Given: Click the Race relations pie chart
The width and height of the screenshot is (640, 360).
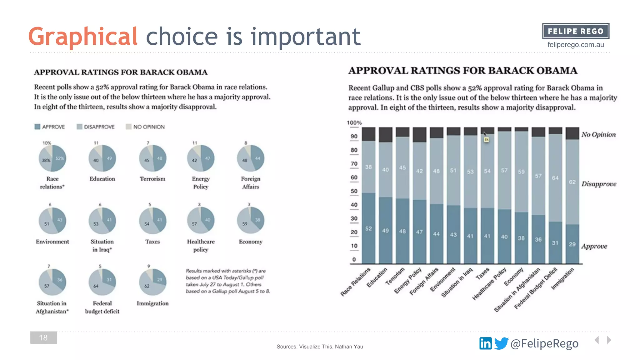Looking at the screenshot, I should click(52, 158).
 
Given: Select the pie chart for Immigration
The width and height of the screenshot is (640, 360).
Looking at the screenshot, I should click(152, 282).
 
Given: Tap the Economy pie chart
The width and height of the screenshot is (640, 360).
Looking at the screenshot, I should click(250, 220).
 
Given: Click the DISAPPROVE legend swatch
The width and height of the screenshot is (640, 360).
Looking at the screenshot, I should click(80, 127).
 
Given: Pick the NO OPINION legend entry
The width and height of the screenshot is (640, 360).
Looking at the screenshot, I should click(145, 127).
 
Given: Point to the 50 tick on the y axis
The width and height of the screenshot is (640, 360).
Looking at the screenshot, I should click(354, 191).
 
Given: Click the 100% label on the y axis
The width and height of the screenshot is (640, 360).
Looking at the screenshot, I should click(354, 123).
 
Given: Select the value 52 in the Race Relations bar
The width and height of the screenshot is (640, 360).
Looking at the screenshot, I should click(368, 228).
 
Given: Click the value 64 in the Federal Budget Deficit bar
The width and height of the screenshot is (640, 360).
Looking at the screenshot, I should click(555, 178).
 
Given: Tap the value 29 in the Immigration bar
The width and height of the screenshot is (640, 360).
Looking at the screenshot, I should click(572, 244).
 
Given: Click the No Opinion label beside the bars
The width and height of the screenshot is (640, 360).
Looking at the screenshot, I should click(598, 135).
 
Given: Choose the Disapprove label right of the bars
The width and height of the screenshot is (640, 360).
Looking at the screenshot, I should click(599, 184).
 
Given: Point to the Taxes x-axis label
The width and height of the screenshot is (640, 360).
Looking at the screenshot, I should click(482, 274).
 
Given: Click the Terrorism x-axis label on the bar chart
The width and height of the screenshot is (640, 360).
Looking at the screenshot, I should click(395, 276).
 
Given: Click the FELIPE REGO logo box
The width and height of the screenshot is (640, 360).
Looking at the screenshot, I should click(575, 31).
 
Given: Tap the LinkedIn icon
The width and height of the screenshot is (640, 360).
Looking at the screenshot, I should click(485, 343).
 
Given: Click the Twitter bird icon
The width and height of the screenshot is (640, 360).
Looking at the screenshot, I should click(501, 343).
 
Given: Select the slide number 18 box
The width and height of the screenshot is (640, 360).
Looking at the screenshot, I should click(43, 337).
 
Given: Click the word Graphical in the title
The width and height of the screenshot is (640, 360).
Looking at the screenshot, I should click(83, 37).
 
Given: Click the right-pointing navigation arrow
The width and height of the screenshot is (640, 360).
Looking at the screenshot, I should click(609, 340).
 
